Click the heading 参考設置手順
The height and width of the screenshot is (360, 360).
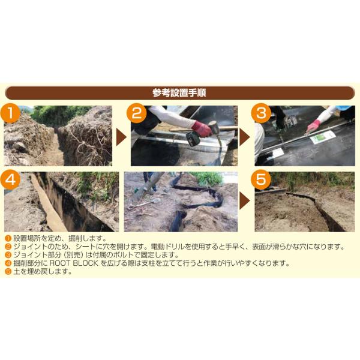tap(179, 93)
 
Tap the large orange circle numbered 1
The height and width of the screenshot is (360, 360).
tap(10, 113)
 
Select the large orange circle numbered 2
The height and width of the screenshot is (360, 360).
tap(137, 113)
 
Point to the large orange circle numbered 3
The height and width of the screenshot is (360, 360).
tap(261, 113)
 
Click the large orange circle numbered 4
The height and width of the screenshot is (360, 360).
tap(10, 179)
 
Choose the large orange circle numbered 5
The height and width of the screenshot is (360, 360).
tap(260, 179)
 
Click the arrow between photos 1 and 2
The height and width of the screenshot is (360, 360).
tap(121, 137)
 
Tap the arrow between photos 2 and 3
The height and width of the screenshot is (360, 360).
tap(245, 137)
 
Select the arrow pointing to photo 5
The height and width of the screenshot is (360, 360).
tap(245, 201)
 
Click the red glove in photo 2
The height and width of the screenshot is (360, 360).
tap(202, 129)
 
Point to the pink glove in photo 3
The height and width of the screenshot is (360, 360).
tap(313, 126)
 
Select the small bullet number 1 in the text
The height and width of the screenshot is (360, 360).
tap(8, 238)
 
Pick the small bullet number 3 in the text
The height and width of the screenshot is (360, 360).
tap(8, 255)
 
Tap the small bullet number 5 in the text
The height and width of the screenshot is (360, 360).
tap(8, 272)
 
